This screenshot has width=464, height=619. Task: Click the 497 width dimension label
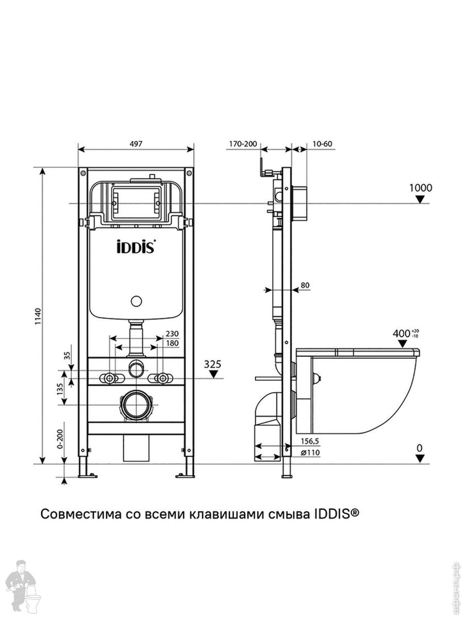point(136,144)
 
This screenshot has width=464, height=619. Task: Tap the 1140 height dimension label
point(38,316)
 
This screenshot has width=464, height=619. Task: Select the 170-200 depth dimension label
point(243,144)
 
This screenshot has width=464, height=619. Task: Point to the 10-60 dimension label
point(323,144)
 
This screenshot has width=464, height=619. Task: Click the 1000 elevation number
point(420,188)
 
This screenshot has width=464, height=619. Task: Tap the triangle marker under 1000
point(420,200)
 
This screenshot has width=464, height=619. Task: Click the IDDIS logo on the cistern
point(136,247)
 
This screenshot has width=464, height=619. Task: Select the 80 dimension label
point(305,285)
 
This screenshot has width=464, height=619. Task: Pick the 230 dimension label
point(172,334)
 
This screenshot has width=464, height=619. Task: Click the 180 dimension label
point(172,343)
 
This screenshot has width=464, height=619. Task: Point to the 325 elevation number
point(212,364)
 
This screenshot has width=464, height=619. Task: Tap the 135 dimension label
point(60,389)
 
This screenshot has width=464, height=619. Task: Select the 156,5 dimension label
point(310,441)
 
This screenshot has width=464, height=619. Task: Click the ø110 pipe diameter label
point(310,452)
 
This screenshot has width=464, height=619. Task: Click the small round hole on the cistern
point(136,301)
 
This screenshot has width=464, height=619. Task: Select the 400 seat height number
point(401,334)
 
